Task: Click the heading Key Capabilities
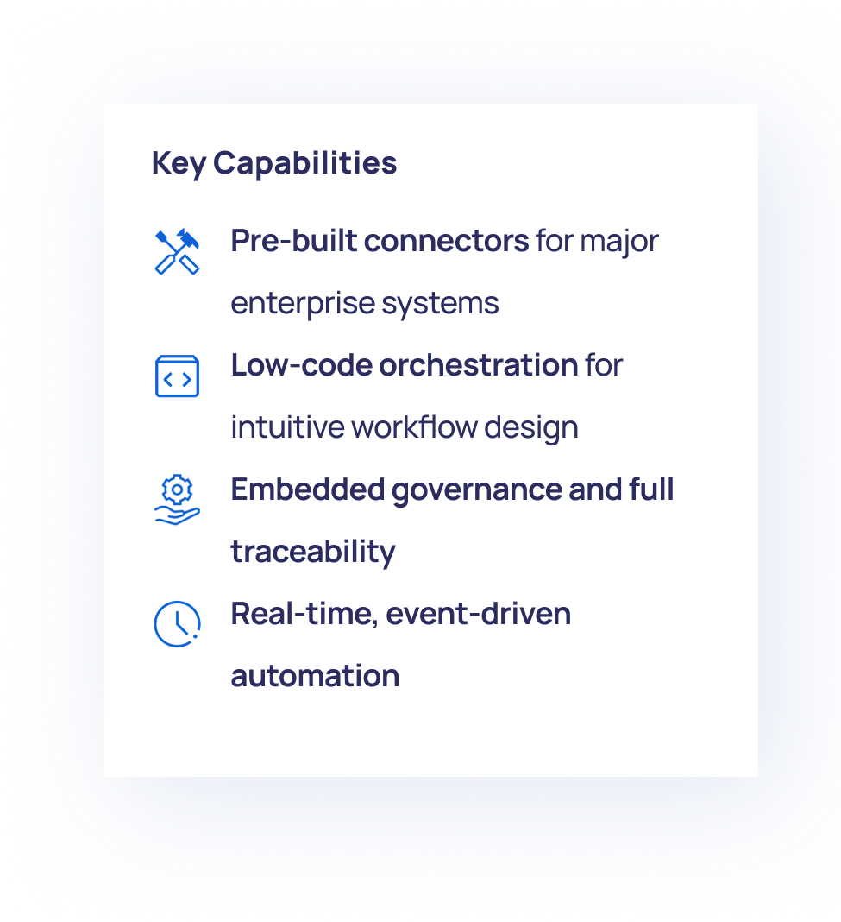(x=274, y=163)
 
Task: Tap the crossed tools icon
(x=177, y=251)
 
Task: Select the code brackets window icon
(x=177, y=376)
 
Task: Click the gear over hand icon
(x=177, y=501)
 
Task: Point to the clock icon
(x=177, y=623)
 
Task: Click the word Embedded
(x=307, y=489)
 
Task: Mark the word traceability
(x=313, y=552)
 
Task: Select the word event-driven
(x=478, y=614)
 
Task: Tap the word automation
(x=315, y=675)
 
